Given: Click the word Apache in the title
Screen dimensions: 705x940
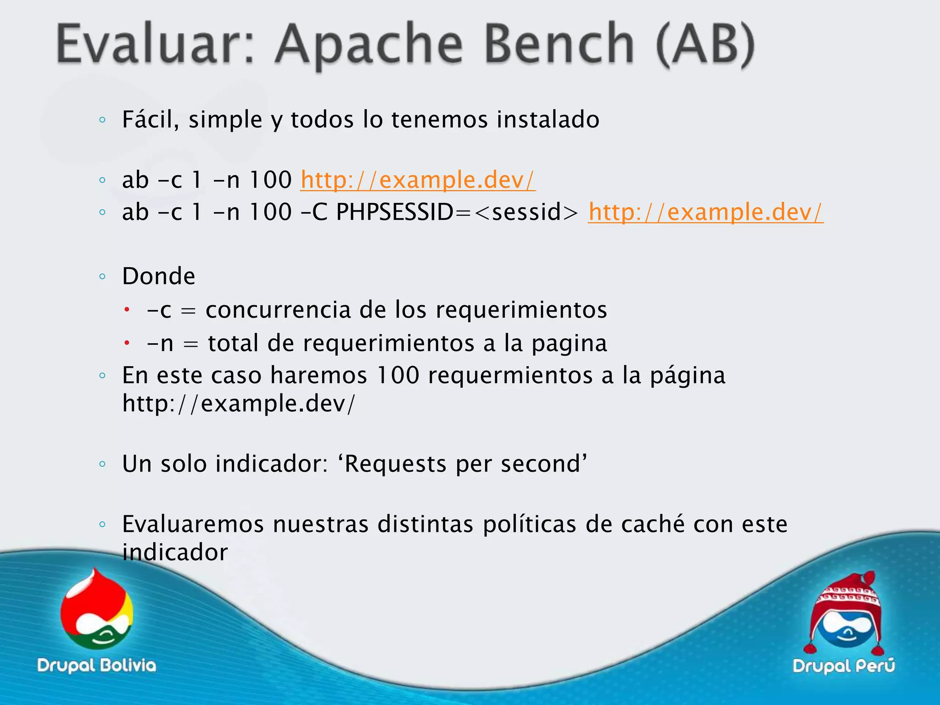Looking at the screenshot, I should click(x=369, y=45).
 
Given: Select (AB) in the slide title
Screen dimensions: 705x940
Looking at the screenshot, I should click(x=705, y=45).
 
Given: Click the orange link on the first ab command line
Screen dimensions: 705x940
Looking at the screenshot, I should click(x=418, y=179).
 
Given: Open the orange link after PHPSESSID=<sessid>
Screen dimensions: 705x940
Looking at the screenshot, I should click(x=705, y=212).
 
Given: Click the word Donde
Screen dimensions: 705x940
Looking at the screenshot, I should click(x=158, y=276).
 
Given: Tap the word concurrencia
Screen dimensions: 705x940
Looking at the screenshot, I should click(x=278, y=309).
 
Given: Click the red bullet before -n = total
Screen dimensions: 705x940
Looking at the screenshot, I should click(x=127, y=343).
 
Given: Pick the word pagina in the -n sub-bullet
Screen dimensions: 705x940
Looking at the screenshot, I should click(x=569, y=343).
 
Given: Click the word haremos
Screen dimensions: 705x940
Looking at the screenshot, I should click(x=319, y=375).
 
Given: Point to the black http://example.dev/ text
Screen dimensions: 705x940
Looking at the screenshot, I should click(x=239, y=403).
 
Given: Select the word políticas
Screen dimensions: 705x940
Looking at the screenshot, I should click(x=529, y=524).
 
